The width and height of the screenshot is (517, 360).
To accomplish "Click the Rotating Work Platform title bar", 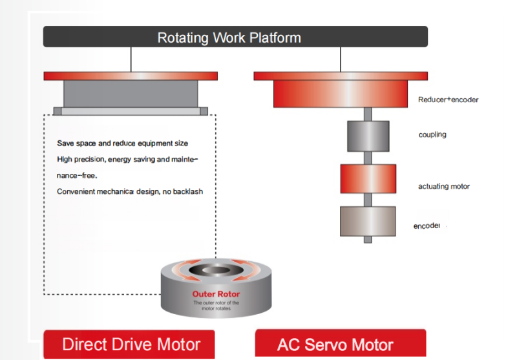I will (235, 37).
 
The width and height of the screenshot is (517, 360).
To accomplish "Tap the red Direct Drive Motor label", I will (131, 344).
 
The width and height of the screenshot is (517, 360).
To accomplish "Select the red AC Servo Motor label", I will (340, 344).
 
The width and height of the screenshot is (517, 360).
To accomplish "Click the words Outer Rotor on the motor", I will (216, 294).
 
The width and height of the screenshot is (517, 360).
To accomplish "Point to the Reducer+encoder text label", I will (448, 100).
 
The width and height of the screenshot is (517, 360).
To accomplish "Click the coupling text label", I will (432, 135).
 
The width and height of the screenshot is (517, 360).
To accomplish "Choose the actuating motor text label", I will (443, 186).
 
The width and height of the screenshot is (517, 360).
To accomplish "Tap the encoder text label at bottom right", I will (427, 226).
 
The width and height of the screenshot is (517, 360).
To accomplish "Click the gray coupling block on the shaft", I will (368, 136).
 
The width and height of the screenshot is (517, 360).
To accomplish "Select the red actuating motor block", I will (368, 178).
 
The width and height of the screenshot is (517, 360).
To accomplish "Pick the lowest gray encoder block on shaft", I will (368, 221).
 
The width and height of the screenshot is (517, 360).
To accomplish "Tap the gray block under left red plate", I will (131, 94).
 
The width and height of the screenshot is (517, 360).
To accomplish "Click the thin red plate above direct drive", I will (131, 76).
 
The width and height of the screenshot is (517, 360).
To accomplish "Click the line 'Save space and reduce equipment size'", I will (122, 143).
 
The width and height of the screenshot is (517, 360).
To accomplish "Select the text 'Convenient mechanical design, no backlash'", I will (129, 191).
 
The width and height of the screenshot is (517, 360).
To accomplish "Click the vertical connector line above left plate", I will (131, 59).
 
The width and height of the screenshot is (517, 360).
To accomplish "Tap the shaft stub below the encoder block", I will (368, 239).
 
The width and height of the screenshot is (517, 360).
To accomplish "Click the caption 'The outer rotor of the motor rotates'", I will (216, 305).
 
